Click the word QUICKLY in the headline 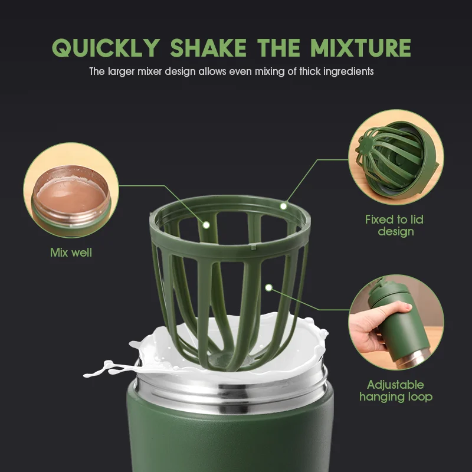pyautogui.click(x=105, y=48)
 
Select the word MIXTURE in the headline pyautogui.click(x=360, y=48)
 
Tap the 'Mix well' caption pyautogui.click(x=71, y=253)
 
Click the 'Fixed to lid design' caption pyautogui.click(x=395, y=225)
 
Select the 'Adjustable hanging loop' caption pyautogui.click(x=395, y=390)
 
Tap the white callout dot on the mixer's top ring pyautogui.click(x=283, y=206)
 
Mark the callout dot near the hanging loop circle pyautogui.click(x=269, y=288)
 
